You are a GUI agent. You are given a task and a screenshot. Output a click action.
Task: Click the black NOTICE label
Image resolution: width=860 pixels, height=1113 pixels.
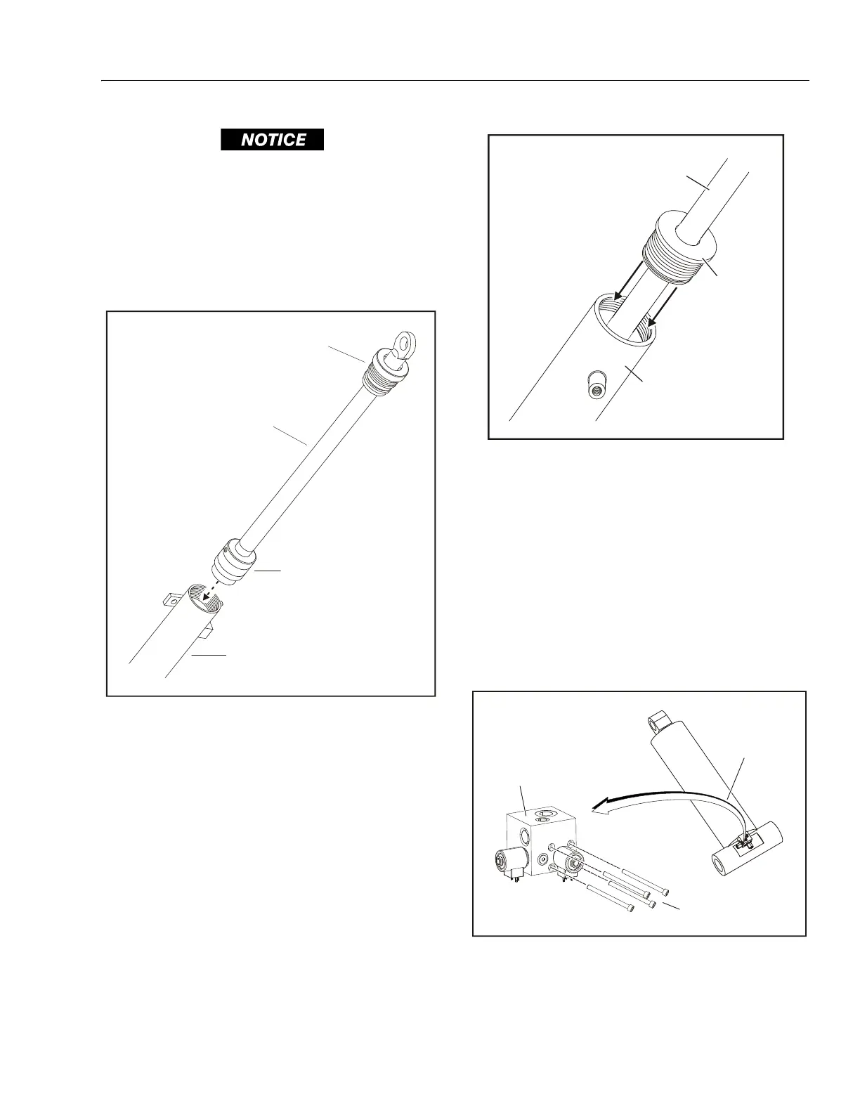[x=273, y=140]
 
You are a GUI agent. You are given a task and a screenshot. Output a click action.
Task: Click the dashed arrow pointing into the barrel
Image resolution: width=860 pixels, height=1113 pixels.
[x=209, y=594]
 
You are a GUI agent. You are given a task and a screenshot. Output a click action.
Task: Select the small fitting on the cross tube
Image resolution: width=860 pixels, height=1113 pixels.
[x=746, y=839]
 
